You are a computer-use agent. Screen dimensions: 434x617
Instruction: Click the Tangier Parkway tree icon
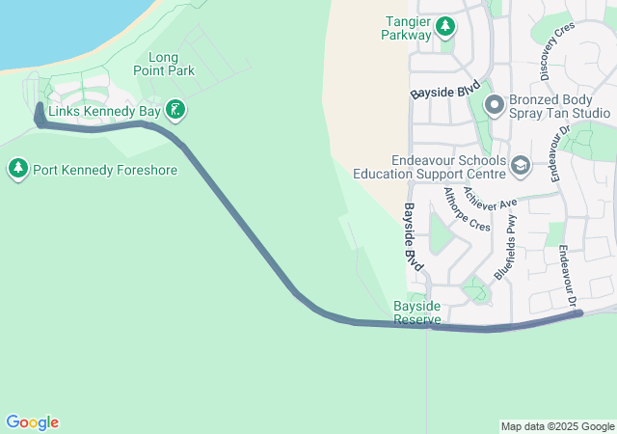[445, 25]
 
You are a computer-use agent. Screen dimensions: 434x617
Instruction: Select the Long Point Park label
[172, 64]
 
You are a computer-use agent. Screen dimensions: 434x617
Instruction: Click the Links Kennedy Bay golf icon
[174, 110]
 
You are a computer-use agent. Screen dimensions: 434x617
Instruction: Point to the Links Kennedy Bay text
[104, 111]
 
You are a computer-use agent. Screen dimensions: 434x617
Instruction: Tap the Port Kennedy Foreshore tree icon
[17, 170]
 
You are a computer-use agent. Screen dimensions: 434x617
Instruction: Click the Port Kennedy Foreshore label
[105, 171]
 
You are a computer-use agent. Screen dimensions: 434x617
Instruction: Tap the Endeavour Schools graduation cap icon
[521, 167]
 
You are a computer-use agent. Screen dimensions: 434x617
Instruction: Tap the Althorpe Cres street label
[466, 209]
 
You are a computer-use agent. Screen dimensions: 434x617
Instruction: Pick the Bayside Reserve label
[416, 312]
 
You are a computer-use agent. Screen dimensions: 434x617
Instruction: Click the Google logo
[32, 422]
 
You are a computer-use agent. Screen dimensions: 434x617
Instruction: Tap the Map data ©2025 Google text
[557, 426]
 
